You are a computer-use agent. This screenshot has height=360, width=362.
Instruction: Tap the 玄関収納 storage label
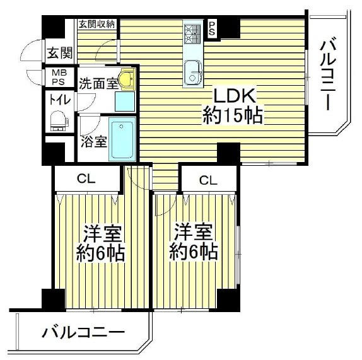(96, 24)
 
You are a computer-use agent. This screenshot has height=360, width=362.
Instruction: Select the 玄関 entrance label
(60, 53)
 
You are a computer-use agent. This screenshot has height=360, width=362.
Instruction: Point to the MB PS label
(59, 78)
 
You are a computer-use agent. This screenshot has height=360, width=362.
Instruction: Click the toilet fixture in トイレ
(59, 121)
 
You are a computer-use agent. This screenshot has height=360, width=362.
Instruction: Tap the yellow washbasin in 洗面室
(126, 79)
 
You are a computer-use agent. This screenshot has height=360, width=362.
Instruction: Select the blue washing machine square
(125, 102)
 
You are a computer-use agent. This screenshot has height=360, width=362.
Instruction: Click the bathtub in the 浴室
(122, 139)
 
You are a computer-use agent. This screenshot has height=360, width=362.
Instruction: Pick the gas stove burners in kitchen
(193, 33)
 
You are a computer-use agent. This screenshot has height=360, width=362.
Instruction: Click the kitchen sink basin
(194, 73)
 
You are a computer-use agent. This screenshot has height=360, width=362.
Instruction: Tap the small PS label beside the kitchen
(212, 28)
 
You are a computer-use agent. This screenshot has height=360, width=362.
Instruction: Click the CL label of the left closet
(86, 178)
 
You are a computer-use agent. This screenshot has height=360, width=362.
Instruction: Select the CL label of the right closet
(209, 180)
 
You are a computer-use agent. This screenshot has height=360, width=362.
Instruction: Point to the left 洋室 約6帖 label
(100, 244)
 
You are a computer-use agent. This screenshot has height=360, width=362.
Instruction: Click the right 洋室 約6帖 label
(194, 242)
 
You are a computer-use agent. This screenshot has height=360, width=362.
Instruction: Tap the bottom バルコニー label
(83, 332)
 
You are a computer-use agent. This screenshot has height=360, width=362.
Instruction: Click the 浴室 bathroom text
(94, 142)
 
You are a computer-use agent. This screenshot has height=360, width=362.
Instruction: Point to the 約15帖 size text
(233, 115)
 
